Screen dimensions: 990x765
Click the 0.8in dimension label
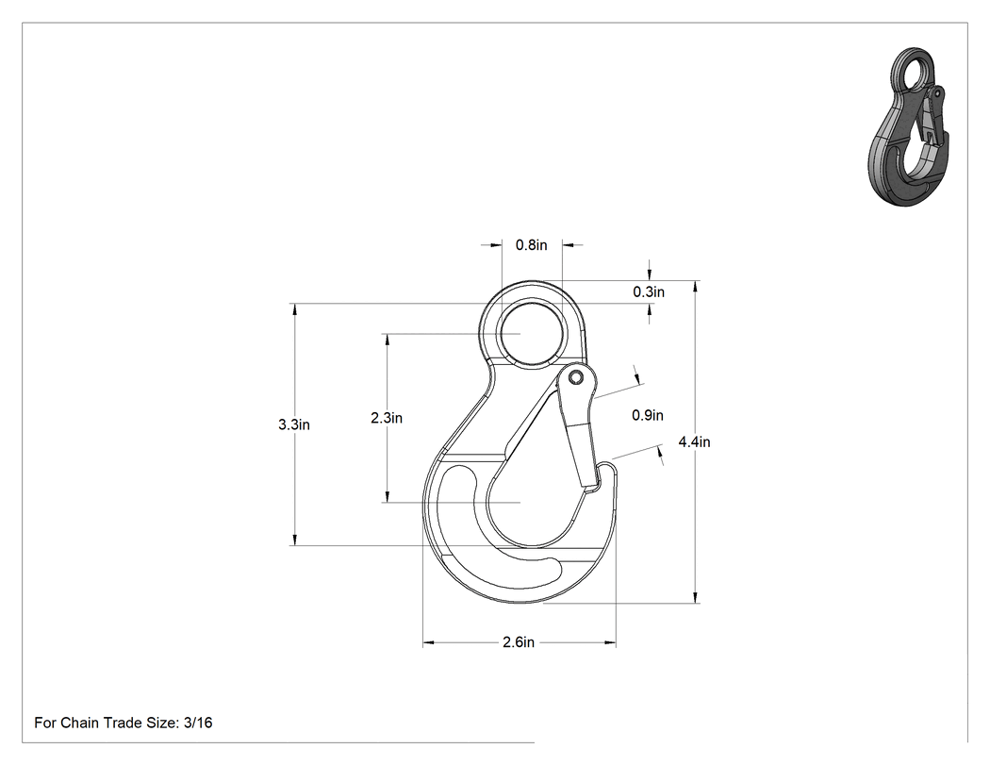tap(531, 245)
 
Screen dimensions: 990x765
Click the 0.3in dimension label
tap(649, 291)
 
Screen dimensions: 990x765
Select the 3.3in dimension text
tap(294, 424)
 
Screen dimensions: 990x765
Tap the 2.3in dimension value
tap(387, 418)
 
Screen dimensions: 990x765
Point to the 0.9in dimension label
tap(647, 415)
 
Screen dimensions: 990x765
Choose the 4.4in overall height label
tap(695, 441)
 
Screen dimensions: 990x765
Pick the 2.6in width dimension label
tap(519, 642)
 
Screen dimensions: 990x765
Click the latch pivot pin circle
tap(574, 377)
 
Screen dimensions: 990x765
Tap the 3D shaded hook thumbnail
tap(908, 125)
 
